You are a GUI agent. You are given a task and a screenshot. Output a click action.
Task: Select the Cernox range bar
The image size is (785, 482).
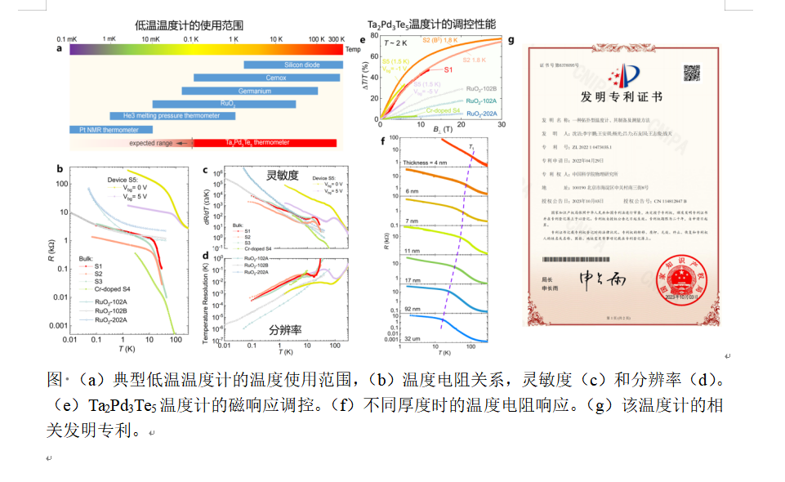267,78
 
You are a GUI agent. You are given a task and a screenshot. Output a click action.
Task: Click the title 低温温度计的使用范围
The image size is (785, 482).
189,25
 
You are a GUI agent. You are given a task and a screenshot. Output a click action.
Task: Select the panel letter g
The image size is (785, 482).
511,39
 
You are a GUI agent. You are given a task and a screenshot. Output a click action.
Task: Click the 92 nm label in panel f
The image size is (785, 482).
410,310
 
